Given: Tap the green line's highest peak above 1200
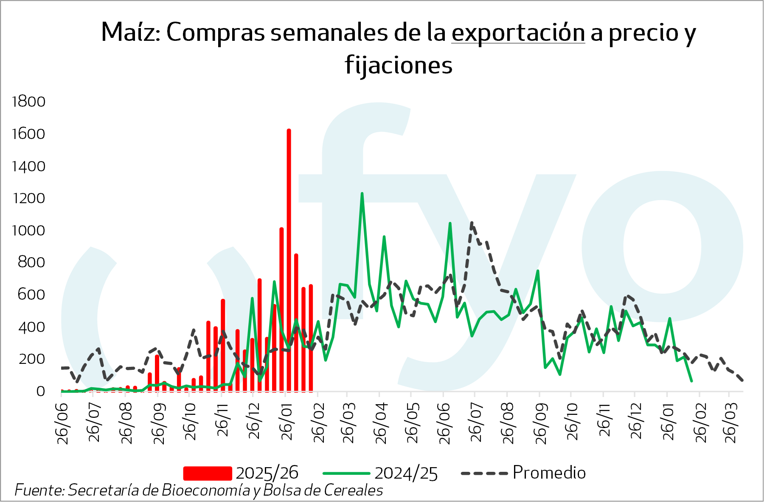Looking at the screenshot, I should pyautogui.click(x=362, y=194).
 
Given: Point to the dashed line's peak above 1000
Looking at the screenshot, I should pyautogui.click(x=472, y=223).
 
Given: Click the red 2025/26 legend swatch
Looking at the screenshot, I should pyautogui.click(x=208, y=473).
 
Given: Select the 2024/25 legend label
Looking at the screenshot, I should pyautogui.click(x=406, y=473).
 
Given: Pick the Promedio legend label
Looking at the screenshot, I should pyautogui.click(x=549, y=473).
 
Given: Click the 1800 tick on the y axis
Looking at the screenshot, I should pyautogui.click(x=29, y=102).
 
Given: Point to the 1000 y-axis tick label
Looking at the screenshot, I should pyautogui.click(x=29, y=230).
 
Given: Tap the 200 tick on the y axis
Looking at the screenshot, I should pyautogui.click(x=31, y=359).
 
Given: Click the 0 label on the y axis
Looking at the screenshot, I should pyautogui.click(x=40, y=391).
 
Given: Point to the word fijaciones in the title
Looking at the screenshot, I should pyautogui.click(x=399, y=65).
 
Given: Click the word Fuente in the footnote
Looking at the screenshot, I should pyautogui.click(x=39, y=490).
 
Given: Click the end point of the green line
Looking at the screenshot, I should pyautogui.click(x=691, y=381).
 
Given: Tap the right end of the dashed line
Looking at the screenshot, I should pyautogui.click(x=742, y=380).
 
